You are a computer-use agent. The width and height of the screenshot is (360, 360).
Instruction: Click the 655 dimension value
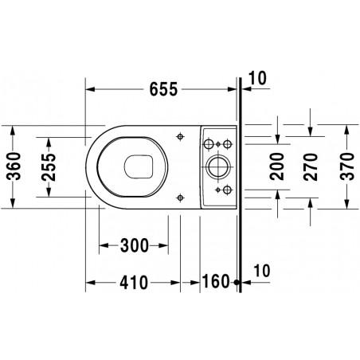click(163, 89)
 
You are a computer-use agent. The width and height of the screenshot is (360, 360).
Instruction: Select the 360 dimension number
click(14, 166)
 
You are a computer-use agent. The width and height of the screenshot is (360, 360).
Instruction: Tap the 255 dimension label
click(49, 167)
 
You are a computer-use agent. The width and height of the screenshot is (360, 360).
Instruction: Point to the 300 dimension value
click(135, 245)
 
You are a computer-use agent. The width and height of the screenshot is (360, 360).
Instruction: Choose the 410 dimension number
click(134, 283)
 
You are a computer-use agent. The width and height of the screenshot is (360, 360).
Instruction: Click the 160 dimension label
click(216, 281)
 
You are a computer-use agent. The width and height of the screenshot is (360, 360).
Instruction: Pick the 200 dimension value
click(277, 166)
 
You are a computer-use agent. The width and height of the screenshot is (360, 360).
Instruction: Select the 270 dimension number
click(311, 167)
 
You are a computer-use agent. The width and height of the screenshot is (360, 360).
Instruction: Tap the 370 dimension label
click(347, 166)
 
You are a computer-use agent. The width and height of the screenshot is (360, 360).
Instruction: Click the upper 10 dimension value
click(257, 78)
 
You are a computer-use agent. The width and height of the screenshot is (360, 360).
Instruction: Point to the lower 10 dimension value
click(261, 271)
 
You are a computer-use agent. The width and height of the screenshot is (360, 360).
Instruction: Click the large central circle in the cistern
click(217, 167)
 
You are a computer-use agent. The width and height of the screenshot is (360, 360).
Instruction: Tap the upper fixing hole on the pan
click(180, 136)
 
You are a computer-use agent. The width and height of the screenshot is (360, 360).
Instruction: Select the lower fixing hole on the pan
click(180, 198)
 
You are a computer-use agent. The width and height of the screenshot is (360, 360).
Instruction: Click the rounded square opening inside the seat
click(139, 166)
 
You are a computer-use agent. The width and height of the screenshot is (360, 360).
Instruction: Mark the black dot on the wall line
click(237, 283)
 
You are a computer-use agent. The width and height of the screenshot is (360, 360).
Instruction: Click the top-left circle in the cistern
click(208, 144)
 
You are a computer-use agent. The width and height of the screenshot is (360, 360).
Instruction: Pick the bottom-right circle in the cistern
click(227, 190)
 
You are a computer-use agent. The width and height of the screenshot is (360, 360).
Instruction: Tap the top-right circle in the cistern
click(227, 144)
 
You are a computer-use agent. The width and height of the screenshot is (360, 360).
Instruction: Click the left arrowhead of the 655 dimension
click(90, 89)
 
